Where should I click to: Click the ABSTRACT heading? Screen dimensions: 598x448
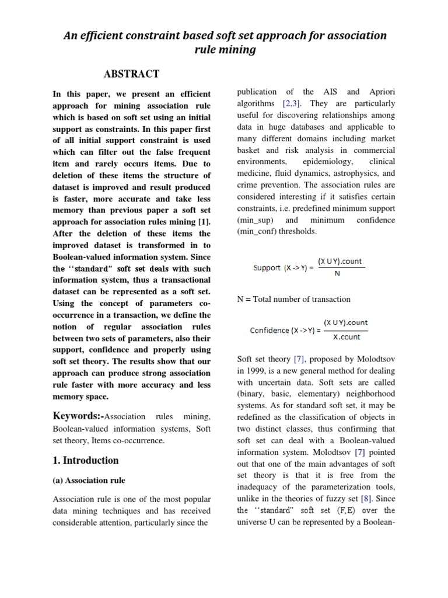point(131,74)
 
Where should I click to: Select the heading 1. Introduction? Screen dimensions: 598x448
point(85,460)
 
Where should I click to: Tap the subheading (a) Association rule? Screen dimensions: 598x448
point(89,481)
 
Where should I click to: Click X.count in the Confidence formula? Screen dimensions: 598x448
point(346,337)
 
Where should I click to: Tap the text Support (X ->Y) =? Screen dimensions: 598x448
point(283,268)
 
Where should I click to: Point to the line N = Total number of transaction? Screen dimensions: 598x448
point(293,299)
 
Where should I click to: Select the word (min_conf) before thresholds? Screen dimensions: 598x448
point(257,231)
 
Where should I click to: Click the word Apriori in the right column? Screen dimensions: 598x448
point(381,92)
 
